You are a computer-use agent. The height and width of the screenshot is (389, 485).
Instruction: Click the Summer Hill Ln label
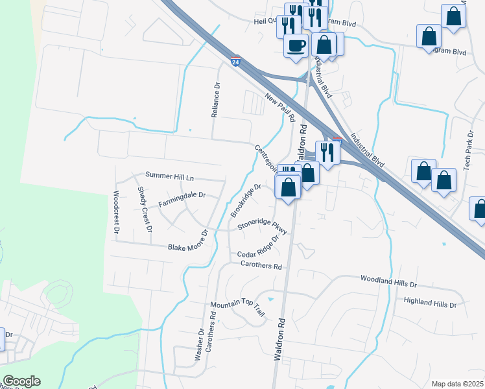click(x=170, y=176)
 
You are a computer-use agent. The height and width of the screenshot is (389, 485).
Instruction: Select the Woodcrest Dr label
click(x=117, y=212)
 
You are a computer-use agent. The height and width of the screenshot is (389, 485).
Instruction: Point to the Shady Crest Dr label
click(x=145, y=209)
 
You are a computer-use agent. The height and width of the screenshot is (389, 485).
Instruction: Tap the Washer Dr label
click(x=200, y=344)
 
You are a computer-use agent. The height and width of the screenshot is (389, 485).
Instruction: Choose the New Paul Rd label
click(x=280, y=108)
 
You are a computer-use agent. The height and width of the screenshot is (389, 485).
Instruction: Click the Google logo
click(x=21, y=381)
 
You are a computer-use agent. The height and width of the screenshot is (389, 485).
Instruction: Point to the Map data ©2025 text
click(x=458, y=384)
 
